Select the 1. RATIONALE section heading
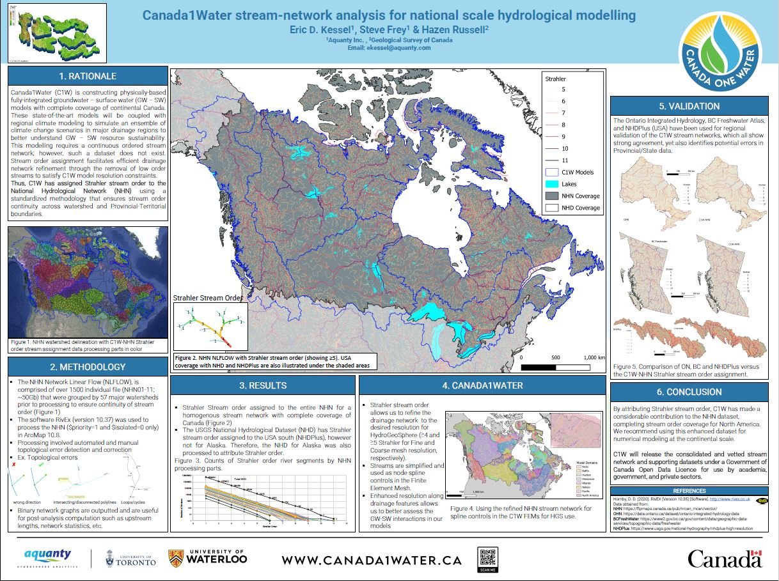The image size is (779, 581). (88, 76)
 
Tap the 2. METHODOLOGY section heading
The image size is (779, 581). (88, 367)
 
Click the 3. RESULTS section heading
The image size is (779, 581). (263, 385)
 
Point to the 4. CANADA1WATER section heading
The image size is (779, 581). (482, 385)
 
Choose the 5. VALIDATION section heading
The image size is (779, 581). (689, 106)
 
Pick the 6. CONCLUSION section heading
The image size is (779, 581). (689, 392)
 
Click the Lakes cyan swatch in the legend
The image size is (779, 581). (554, 183)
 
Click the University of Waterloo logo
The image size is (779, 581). (208, 557)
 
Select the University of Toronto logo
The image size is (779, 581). (131, 558)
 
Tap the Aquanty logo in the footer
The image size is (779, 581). (48, 557)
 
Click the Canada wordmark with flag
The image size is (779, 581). (725, 558)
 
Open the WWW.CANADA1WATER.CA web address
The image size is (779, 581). (372, 559)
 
